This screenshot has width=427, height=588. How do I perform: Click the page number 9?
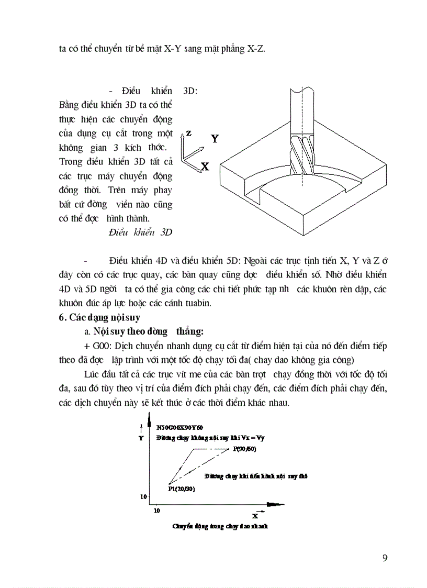click(x=385, y=558)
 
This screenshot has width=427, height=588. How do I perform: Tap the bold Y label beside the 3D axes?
click(x=215, y=139)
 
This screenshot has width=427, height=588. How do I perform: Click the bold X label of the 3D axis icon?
click(x=205, y=167)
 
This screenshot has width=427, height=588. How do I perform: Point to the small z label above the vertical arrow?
click(x=188, y=134)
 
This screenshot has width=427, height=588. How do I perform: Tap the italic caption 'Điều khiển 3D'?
click(x=140, y=232)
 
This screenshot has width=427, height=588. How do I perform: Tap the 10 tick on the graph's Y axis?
click(x=143, y=495)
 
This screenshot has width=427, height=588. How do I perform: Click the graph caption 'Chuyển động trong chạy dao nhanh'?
click(x=220, y=526)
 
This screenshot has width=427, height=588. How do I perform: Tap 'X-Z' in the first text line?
click(x=255, y=49)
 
